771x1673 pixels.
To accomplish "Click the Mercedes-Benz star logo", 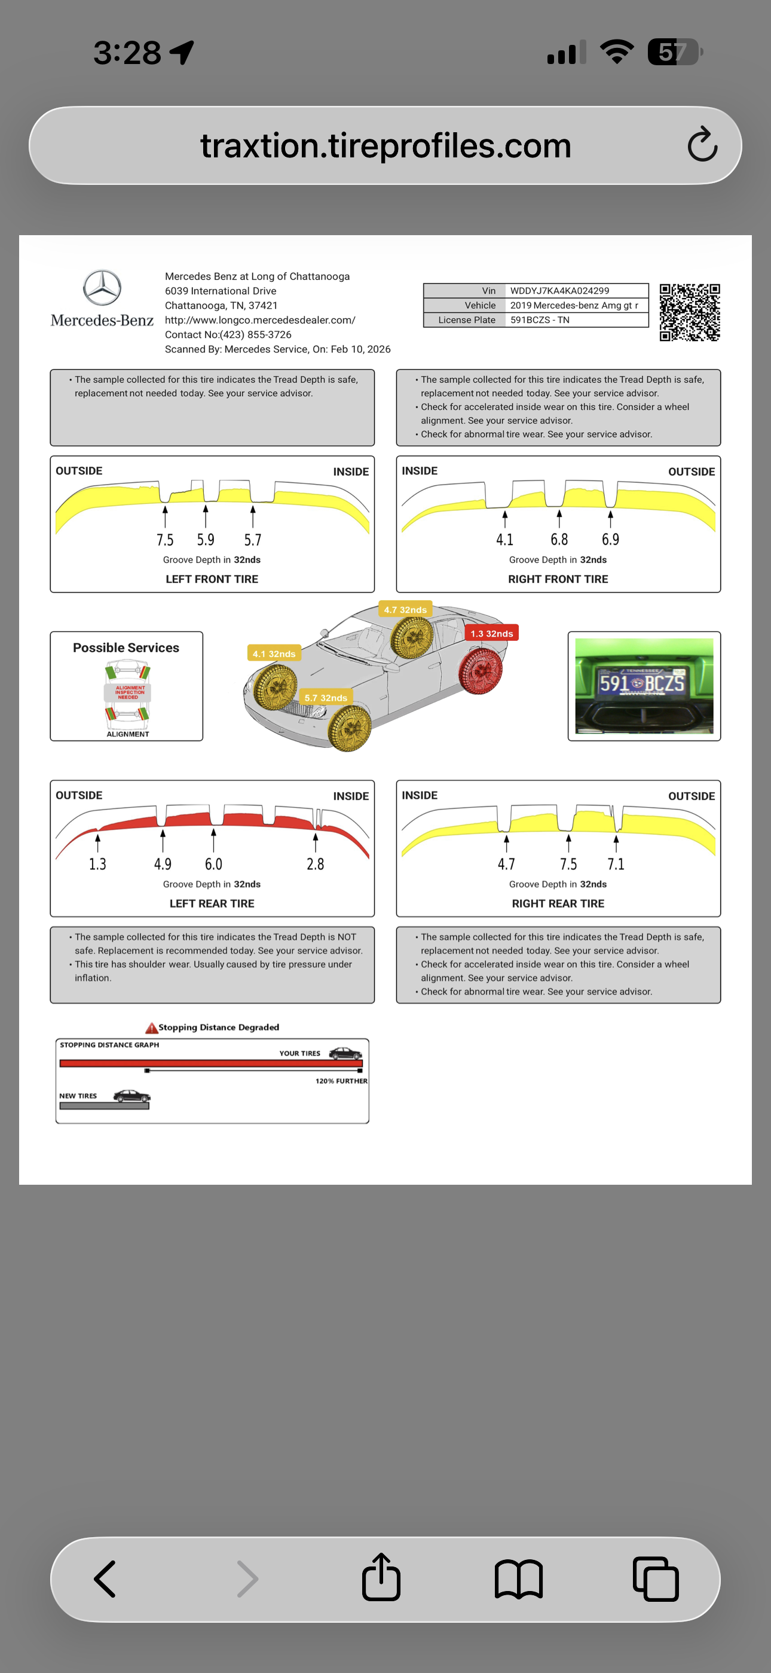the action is click(x=102, y=288).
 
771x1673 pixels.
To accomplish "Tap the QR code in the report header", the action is click(x=690, y=312).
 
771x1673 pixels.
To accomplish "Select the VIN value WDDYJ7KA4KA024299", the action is click(x=559, y=290).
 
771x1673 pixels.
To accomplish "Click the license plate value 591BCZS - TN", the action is click(x=539, y=320).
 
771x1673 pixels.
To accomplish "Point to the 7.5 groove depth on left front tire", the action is click(x=165, y=540).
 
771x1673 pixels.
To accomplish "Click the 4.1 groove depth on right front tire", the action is click(x=504, y=540).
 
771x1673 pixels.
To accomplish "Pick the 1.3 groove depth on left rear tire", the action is click(x=97, y=864).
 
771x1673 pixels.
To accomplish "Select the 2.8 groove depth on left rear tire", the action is click(x=316, y=864).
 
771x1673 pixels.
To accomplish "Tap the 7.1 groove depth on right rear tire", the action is click(x=616, y=864).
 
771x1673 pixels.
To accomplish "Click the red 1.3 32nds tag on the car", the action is click(x=492, y=633).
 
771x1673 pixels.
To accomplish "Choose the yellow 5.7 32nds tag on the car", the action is click(x=326, y=698).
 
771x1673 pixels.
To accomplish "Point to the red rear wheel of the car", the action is click(x=481, y=671).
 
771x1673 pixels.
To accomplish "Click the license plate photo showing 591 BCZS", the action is click(x=644, y=686).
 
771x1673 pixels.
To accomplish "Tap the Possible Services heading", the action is click(x=126, y=647).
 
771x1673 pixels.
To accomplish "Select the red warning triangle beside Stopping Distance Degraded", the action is click(x=151, y=1027).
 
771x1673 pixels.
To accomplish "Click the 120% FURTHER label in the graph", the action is click(x=341, y=1081).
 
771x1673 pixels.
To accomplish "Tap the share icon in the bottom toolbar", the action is click(x=381, y=1577).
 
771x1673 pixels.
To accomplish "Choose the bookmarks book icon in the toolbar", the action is click(x=519, y=1579).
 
